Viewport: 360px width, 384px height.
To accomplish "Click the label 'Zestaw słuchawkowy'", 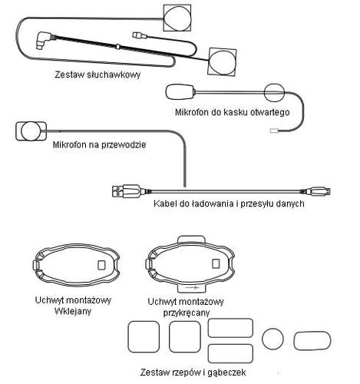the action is point(97,74).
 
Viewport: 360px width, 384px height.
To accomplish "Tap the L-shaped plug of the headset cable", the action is point(44,39).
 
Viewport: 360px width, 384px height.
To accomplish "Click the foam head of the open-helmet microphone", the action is point(180,92).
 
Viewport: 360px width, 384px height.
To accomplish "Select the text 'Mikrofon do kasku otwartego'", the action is point(233,112).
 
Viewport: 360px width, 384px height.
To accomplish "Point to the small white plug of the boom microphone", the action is point(274,131).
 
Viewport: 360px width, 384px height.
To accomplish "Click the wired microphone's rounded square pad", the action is point(31,131).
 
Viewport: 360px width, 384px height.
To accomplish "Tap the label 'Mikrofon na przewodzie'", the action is point(99,144).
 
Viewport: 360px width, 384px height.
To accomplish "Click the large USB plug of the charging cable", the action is point(126,191).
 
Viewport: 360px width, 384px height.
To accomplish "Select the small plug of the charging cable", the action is point(320,191).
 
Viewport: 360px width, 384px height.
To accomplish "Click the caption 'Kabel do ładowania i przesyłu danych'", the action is point(229,204).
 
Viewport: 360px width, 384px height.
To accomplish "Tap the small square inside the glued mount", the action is point(101,265).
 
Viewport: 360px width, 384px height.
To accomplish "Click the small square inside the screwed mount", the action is point(216,263).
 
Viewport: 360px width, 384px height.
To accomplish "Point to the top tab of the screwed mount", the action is point(191,239).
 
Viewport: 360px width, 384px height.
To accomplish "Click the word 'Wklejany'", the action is point(73,311).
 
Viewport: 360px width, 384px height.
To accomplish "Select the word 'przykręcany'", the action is point(187,313).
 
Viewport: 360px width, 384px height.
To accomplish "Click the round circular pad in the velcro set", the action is point(272,339).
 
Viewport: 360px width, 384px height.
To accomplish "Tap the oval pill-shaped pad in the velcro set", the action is point(312,341).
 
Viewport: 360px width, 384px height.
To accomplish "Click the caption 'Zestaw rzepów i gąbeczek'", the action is point(193,372).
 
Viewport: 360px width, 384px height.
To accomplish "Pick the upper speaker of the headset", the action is point(177,18).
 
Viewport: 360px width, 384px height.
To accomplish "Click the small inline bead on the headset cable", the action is point(117,47).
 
